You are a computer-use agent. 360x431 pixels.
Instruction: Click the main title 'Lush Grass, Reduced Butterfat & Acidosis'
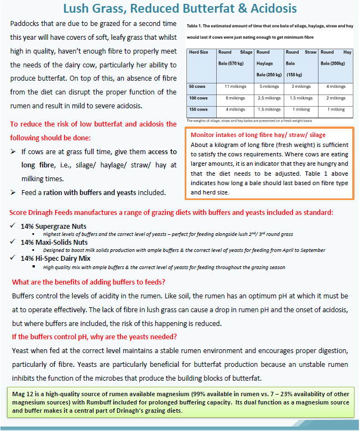[180, 9]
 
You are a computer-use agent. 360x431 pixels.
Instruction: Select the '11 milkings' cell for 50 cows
[235, 87]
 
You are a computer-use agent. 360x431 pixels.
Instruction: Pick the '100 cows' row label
[198, 98]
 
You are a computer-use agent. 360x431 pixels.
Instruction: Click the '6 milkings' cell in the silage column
[235, 98]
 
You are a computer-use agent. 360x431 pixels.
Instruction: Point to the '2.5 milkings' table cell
[269, 98]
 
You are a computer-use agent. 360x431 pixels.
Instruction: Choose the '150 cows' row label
[198, 109]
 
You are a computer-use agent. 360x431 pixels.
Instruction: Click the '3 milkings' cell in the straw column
[301, 87]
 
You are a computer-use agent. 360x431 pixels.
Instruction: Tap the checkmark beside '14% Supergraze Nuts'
[13, 227]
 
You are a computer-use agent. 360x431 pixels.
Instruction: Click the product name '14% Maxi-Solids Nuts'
[54, 242]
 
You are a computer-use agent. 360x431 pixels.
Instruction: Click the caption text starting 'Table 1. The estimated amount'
[269, 26]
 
